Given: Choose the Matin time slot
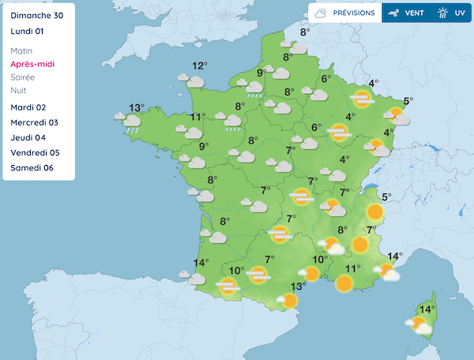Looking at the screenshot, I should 27,51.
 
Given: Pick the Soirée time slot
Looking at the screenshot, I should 28,77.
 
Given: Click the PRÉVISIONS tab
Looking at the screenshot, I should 344,13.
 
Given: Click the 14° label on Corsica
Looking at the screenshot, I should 427,309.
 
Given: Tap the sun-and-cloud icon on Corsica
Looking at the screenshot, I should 419,324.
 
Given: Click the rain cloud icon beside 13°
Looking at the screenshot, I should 130,121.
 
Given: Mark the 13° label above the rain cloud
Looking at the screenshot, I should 137,108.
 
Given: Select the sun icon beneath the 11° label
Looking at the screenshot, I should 344,283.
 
